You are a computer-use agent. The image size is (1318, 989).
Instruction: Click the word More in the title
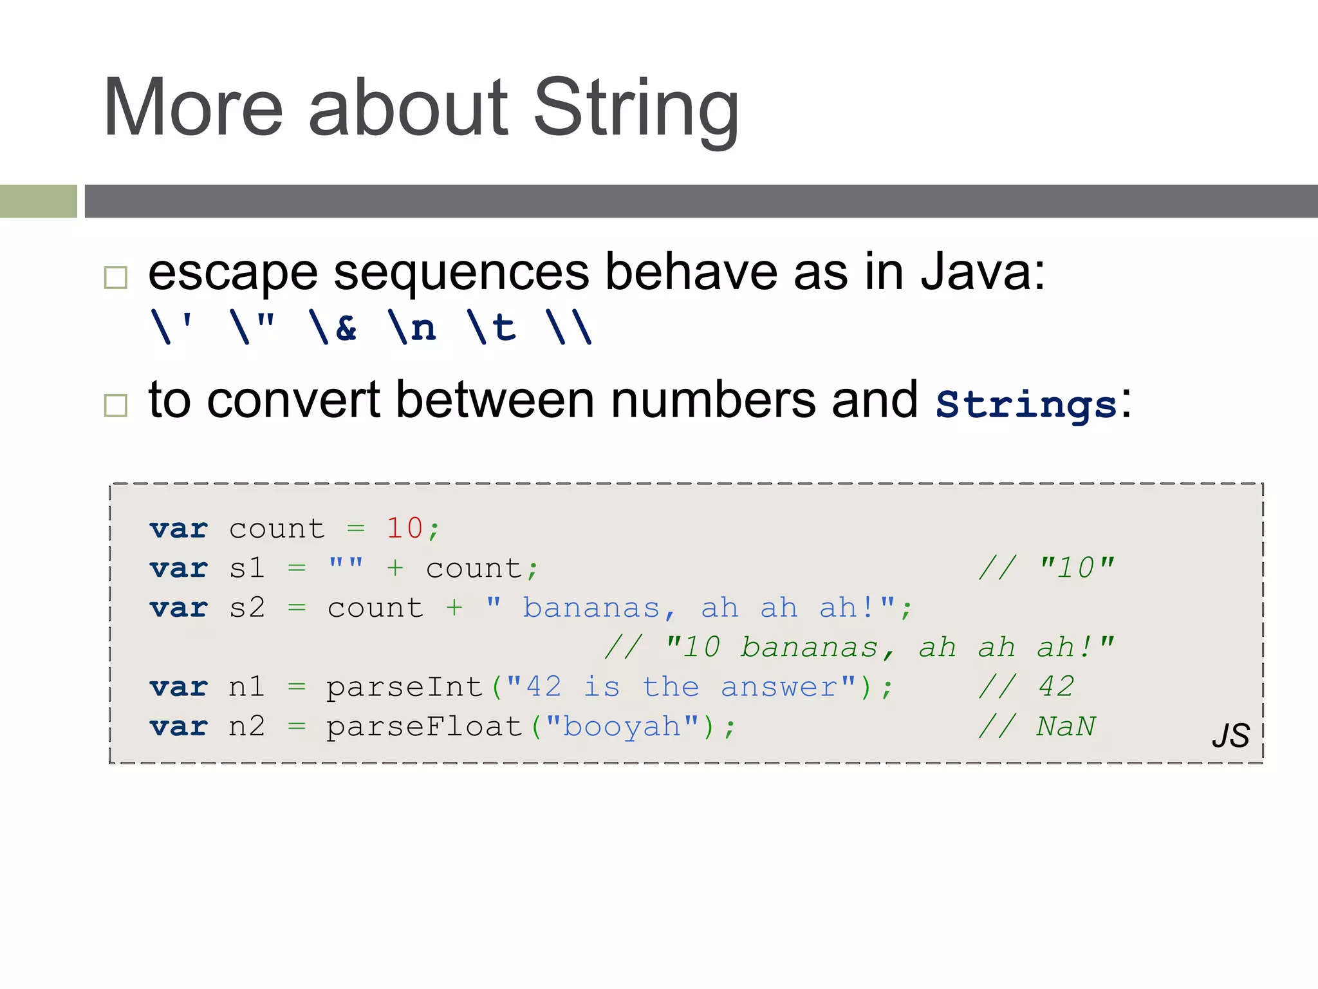[193, 108]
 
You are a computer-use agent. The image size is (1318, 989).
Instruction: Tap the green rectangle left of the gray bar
[38, 201]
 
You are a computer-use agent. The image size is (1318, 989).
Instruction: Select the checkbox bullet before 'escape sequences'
[116, 278]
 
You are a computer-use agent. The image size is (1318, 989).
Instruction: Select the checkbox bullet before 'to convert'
[116, 406]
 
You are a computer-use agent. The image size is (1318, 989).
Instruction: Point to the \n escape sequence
[412, 327]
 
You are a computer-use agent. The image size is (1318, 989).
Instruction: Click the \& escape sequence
[333, 327]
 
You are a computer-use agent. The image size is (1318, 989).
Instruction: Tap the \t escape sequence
[492, 327]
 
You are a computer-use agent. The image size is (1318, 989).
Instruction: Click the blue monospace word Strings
[1026, 404]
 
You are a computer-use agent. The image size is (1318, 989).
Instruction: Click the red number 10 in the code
[404, 529]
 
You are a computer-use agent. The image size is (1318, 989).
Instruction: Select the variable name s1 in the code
[247, 569]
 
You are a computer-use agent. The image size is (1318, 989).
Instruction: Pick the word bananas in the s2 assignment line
[591, 608]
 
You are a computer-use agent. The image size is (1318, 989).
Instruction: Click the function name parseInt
[404, 687]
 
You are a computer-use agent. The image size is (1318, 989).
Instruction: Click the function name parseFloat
[423, 727]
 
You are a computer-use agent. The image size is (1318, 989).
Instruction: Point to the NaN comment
[1066, 727]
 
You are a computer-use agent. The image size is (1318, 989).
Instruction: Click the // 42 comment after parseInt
[1026, 687]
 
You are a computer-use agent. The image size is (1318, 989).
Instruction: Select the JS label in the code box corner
[1230, 735]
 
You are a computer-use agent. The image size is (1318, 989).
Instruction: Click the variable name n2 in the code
[247, 727]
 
